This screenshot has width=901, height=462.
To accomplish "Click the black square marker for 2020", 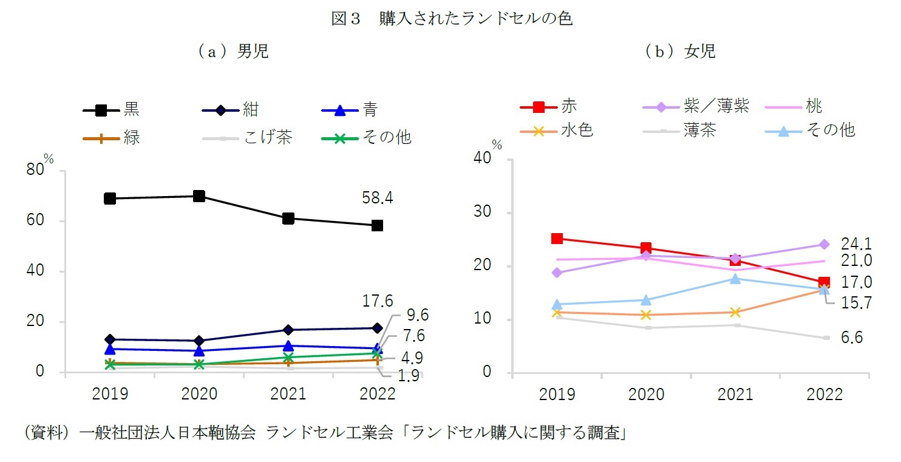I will coord(199,196).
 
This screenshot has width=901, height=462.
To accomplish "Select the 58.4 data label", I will coord(377,197).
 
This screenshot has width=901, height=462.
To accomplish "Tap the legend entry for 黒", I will coord(112,110).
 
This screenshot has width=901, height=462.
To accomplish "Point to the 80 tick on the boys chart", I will coord(35,171).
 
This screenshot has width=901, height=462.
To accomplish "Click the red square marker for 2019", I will coord(557,239).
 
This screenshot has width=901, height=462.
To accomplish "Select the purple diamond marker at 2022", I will coord(824,245).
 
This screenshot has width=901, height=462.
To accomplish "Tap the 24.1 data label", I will coord(856,244).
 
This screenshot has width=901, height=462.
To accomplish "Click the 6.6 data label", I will coord(852,338).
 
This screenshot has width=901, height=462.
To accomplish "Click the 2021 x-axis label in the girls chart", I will coord(735,395).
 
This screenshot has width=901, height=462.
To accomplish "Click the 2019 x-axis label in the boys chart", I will coord(110,395).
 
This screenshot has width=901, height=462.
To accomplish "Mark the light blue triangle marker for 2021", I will coord(735,279).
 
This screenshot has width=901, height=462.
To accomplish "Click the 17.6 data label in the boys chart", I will coord(377,301).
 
